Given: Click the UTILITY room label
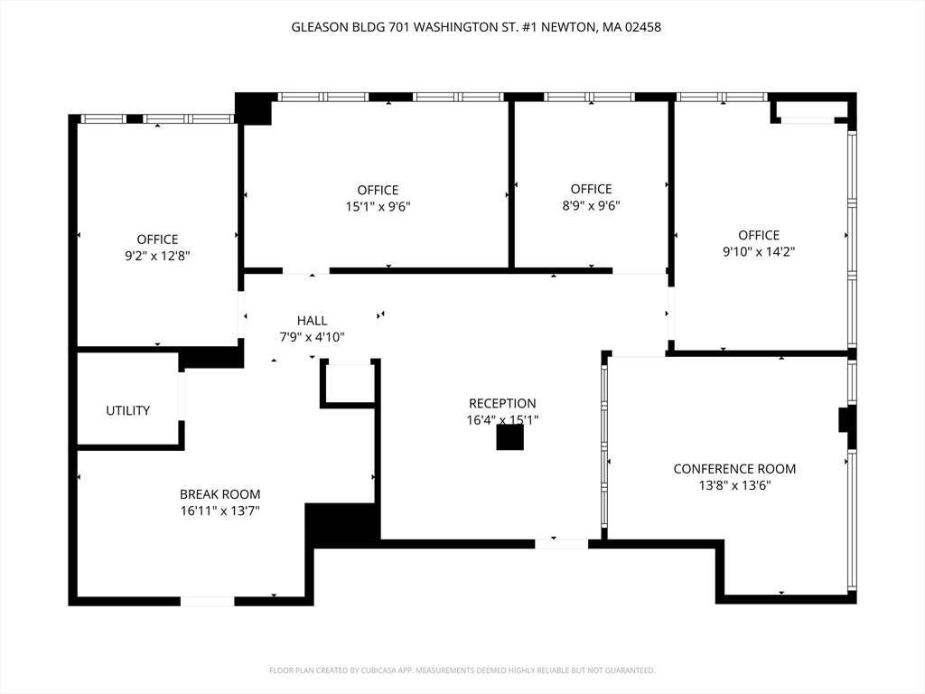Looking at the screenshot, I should point(128,411).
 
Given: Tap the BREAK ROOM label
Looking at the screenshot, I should point(220,494).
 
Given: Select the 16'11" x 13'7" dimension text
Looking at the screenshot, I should point(220,511).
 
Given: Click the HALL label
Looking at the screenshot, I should point(312,321).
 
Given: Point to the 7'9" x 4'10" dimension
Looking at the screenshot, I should point(312,337).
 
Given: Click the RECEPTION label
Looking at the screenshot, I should point(501,403).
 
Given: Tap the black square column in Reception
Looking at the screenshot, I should point(510,437).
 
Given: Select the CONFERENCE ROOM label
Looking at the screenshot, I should point(734,469).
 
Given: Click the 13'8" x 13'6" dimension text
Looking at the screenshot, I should point(734,485).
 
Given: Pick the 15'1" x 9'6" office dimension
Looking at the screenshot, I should point(378,206).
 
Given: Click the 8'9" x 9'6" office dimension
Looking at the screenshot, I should point(591,205).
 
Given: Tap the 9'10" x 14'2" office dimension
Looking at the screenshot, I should point(758,252).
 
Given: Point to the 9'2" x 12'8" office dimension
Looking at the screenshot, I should point(157,256).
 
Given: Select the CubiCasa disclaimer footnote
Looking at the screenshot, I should point(462,671).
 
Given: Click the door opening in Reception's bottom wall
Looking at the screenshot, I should point(561,543).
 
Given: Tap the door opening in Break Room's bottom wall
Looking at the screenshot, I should point(207,601).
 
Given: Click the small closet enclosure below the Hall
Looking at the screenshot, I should point(349,383).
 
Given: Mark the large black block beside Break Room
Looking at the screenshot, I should point(341,524).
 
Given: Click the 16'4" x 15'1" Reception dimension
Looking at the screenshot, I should point(501,420).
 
